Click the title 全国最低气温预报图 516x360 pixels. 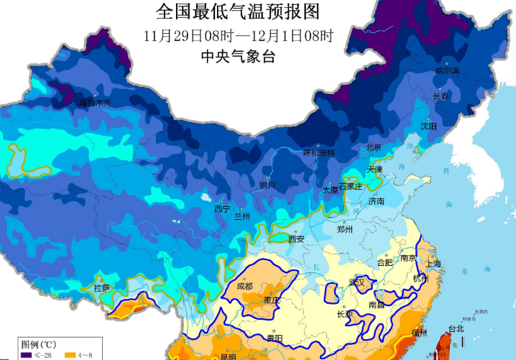236,12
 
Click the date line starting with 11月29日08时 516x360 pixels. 237,35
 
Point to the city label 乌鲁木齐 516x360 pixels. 95,103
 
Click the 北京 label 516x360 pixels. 374,147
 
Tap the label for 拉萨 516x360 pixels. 102,288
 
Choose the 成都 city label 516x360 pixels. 244,286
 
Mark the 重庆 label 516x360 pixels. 272,300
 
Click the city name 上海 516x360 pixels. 433,264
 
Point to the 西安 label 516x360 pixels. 297,239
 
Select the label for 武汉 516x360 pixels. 356,282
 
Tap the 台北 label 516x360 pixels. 456,329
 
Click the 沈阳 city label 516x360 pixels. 428,126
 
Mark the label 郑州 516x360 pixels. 345,230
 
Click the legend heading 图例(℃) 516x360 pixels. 34,344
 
